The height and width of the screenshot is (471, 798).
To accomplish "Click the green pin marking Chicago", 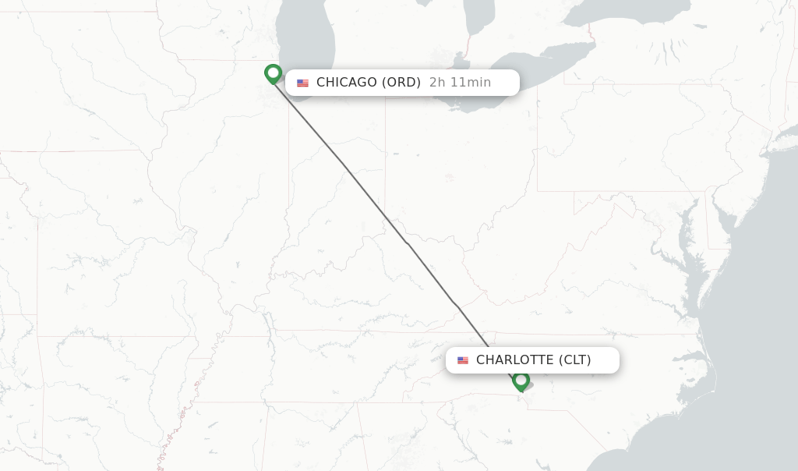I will tap(273, 73).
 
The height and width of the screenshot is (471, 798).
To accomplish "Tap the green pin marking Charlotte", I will tap(521, 381).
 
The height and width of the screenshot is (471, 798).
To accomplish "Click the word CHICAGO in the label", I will tap(346, 83).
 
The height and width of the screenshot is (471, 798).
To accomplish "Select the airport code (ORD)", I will tap(401, 83).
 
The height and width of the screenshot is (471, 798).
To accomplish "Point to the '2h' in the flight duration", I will tap(437, 83).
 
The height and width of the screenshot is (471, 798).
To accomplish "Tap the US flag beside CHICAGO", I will tap(302, 83).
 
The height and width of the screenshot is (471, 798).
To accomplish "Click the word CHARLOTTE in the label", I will tap(515, 360).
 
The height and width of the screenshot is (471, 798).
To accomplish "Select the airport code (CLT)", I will tap(575, 360).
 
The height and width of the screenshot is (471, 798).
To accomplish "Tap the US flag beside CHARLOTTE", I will tap(463, 361).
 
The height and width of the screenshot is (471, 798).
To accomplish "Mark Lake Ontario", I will tap(623, 12).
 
